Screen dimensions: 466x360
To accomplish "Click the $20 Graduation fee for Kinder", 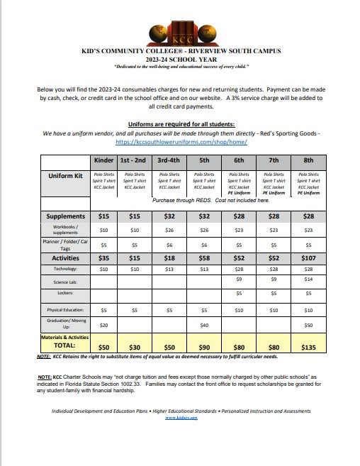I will [103, 325].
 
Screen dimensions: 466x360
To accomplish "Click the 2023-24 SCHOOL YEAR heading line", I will [179, 60].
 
